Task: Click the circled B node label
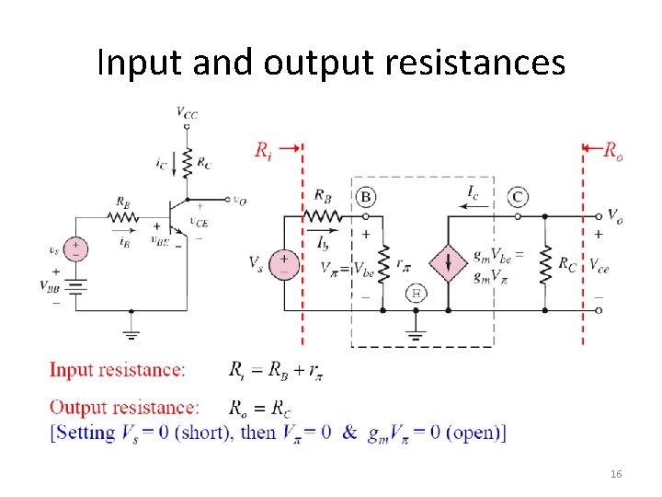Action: click(x=366, y=197)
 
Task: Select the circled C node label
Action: click(x=518, y=196)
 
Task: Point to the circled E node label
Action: click(x=416, y=293)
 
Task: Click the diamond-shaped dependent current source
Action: click(x=449, y=263)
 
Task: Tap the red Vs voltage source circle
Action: click(x=284, y=264)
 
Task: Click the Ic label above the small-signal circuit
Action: click(x=472, y=193)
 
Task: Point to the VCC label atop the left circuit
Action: click(x=187, y=113)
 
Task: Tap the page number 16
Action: click(x=615, y=473)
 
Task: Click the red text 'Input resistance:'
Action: click(x=117, y=370)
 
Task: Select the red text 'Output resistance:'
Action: click(x=124, y=407)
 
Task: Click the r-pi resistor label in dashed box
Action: click(x=405, y=264)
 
